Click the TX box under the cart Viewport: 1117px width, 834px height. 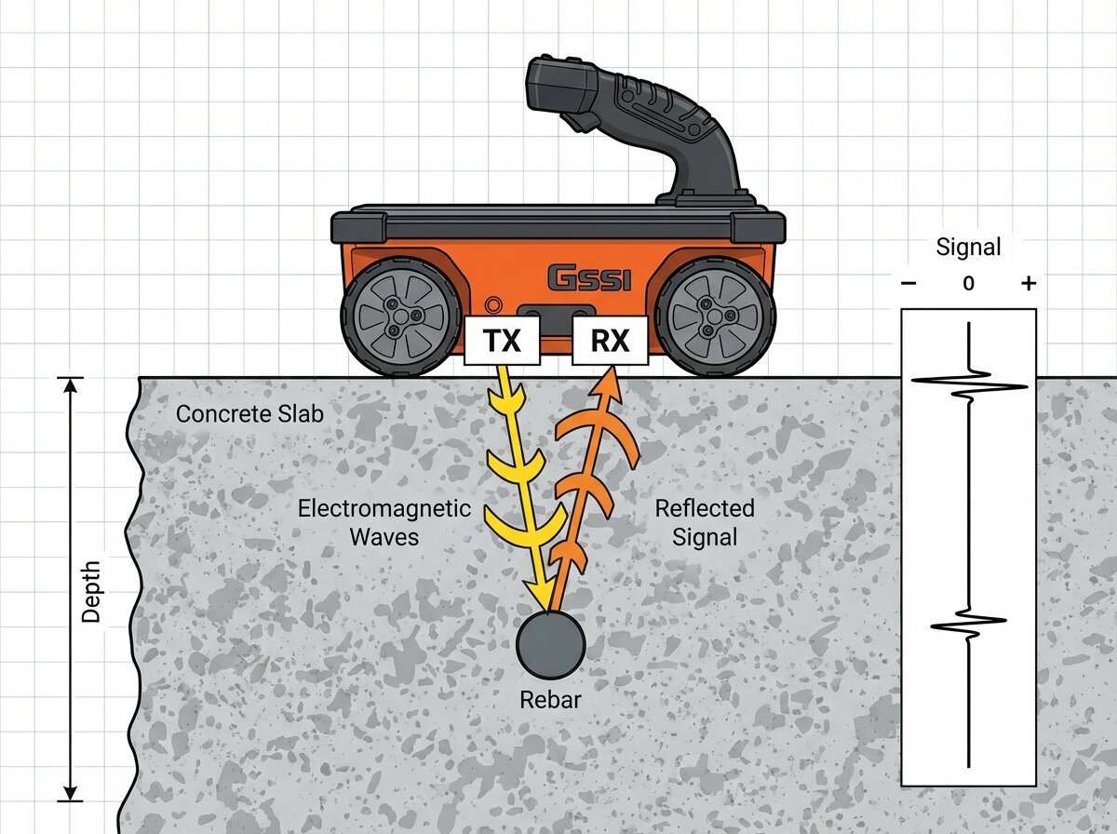(x=502, y=341)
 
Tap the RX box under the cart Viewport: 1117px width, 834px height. (x=610, y=341)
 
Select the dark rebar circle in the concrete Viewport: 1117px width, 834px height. (x=551, y=644)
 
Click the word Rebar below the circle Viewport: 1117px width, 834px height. (x=550, y=700)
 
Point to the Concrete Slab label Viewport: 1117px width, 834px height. (x=249, y=413)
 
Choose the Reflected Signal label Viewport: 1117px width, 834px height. (x=704, y=523)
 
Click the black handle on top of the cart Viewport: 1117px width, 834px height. (x=642, y=121)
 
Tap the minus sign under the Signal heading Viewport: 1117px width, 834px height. (x=909, y=284)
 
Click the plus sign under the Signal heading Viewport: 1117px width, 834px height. (x=1028, y=284)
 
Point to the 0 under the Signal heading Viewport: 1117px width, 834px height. (x=969, y=284)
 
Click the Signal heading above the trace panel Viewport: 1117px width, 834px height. (x=968, y=247)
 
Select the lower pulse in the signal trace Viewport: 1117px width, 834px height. (x=968, y=622)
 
